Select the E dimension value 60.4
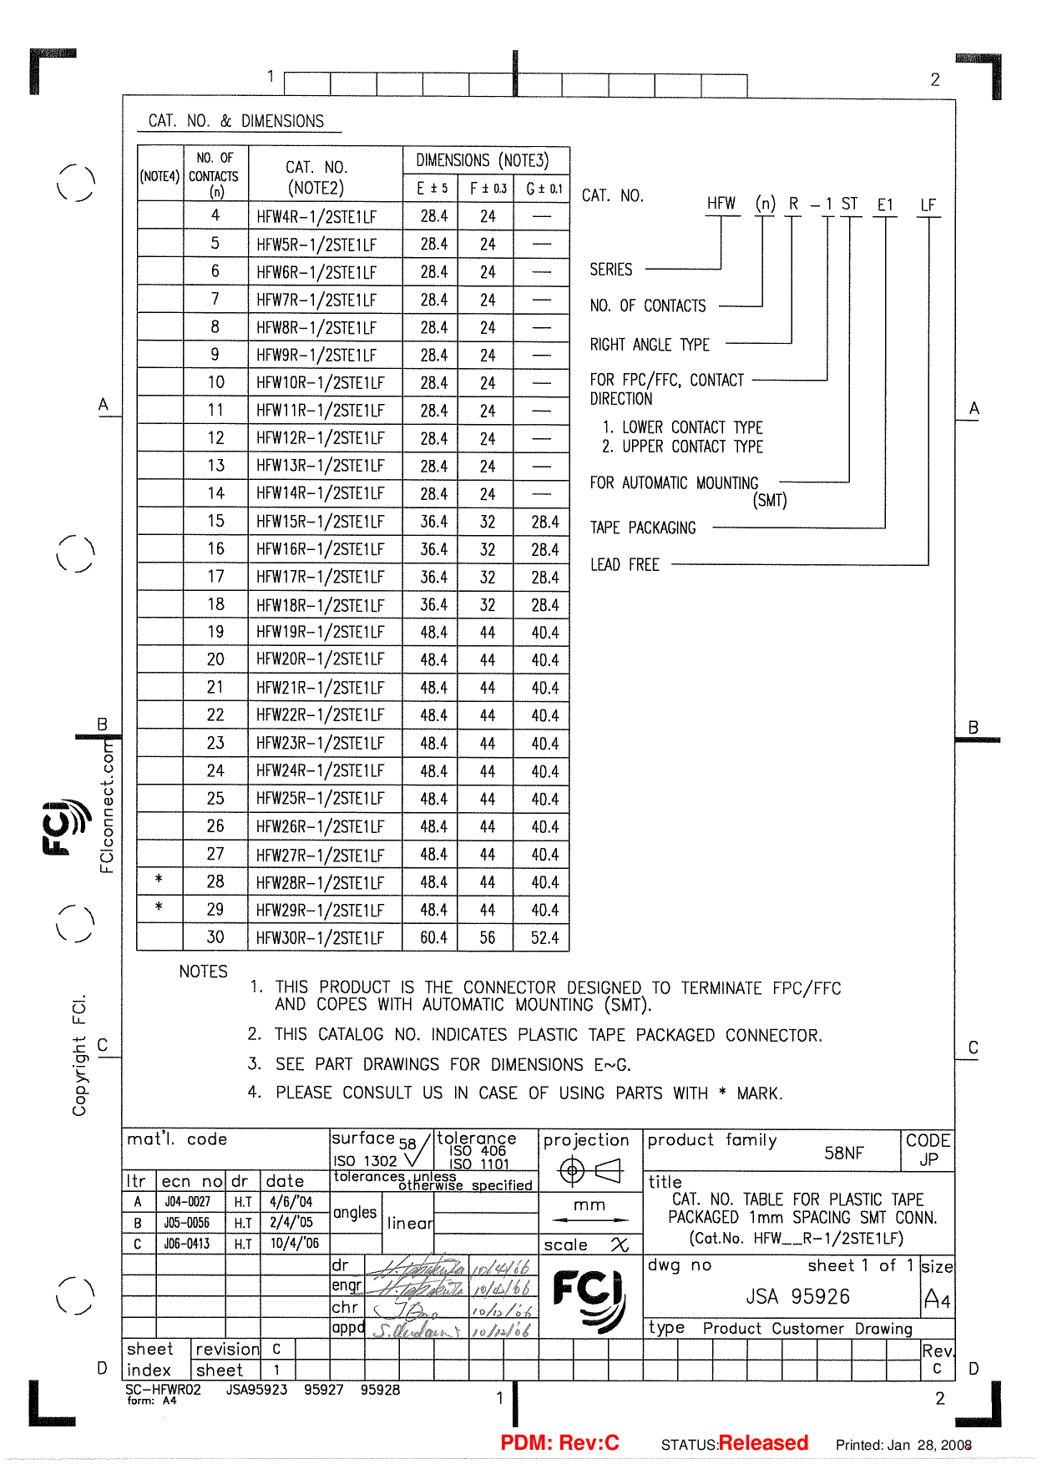[x=433, y=937]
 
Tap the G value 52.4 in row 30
[x=544, y=937]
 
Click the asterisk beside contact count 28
[x=159, y=880]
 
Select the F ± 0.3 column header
[x=488, y=189]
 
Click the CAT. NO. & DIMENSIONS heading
[x=236, y=121]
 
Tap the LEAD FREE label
[x=625, y=565]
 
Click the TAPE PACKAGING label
[x=643, y=528]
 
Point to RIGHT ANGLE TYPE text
[x=650, y=345]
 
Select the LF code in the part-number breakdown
[x=928, y=204]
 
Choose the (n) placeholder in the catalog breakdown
[x=765, y=204]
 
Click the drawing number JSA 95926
[x=797, y=1296]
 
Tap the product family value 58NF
[x=843, y=1153]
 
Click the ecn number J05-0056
[x=187, y=1223]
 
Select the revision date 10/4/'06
[x=294, y=1244]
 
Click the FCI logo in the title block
[x=589, y=1298]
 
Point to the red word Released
[x=763, y=1443]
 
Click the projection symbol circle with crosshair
[x=572, y=1171]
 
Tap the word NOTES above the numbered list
[x=203, y=972]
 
